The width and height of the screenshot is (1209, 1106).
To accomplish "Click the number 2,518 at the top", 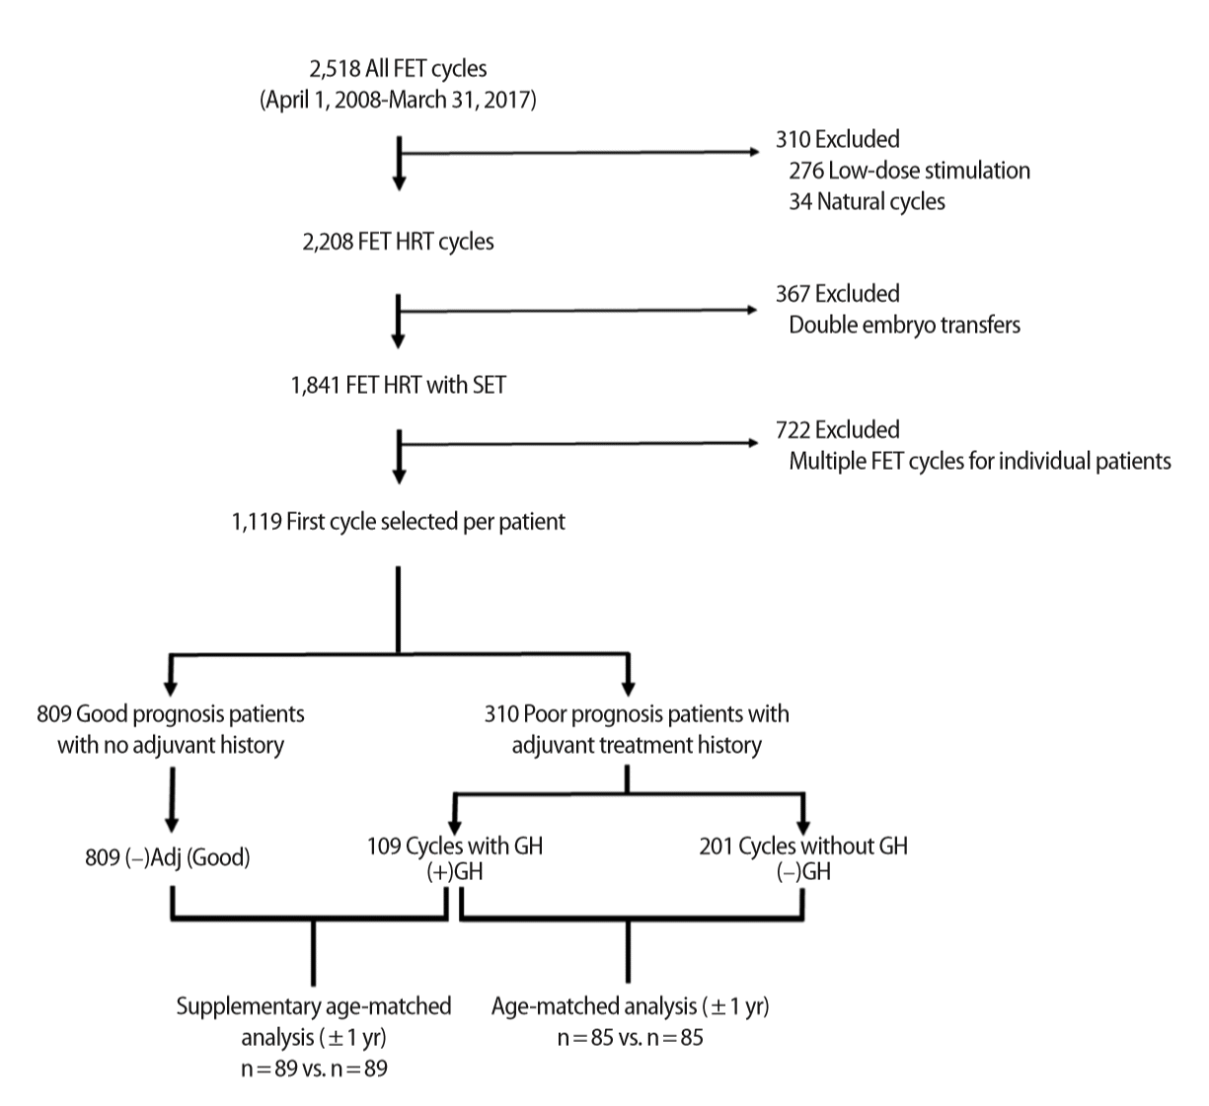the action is [335, 69].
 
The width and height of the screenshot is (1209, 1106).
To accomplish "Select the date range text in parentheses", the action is [398, 100].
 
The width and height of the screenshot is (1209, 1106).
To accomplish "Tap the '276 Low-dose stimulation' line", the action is [909, 171].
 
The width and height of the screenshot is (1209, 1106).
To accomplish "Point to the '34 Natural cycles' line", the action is [867, 201].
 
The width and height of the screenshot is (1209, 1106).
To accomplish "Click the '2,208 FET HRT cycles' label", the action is [398, 242].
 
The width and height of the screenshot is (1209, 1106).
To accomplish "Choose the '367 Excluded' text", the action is [837, 294].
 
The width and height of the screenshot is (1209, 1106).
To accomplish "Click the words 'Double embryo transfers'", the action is [904, 325].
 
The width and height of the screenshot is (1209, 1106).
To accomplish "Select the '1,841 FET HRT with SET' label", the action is [398, 385].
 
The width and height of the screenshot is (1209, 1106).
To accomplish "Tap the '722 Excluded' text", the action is [837, 430].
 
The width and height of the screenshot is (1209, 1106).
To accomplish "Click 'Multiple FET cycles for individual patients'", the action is [980, 461].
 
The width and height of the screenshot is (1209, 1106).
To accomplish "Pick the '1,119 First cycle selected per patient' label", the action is [398, 521].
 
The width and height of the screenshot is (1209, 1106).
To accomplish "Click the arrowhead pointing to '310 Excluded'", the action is [754, 152].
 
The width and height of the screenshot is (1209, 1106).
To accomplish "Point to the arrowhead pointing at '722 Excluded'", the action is [753, 443].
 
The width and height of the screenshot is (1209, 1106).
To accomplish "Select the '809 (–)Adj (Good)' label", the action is [167, 857].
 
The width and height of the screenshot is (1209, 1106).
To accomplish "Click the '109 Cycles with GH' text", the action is [454, 847].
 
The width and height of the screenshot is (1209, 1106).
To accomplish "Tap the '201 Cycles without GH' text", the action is [802, 847].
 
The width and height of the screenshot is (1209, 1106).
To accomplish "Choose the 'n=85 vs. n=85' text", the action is [630, 1037].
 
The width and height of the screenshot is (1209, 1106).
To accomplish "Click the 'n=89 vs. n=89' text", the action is [314, 1069].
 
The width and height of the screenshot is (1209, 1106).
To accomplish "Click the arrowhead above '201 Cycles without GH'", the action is [802, 828].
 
